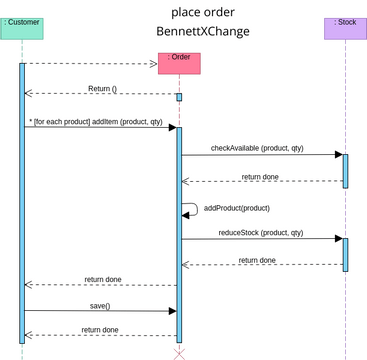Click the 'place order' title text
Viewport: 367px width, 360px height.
point(203,12)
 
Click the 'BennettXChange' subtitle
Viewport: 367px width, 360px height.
point(203,32)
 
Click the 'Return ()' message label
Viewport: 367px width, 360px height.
point(102,88)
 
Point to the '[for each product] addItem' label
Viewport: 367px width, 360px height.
point(96,121)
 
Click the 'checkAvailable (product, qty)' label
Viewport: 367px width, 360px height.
point(257,148)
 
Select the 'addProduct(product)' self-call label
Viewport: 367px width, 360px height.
point(237,208)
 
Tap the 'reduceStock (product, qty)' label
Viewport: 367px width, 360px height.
point(257,232)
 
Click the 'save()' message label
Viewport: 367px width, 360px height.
point(100,305)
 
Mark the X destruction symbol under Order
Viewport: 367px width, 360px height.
point(179,353)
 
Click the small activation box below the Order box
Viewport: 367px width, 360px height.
point(179,97)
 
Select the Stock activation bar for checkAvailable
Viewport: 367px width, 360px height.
point(345,170)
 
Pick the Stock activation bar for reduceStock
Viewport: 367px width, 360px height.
point(345,254)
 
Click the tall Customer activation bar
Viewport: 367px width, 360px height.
point(22,200)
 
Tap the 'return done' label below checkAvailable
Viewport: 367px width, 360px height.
point(260,176)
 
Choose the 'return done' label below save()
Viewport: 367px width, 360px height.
point(100,329)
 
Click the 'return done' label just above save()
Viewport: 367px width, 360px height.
point(102,279)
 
